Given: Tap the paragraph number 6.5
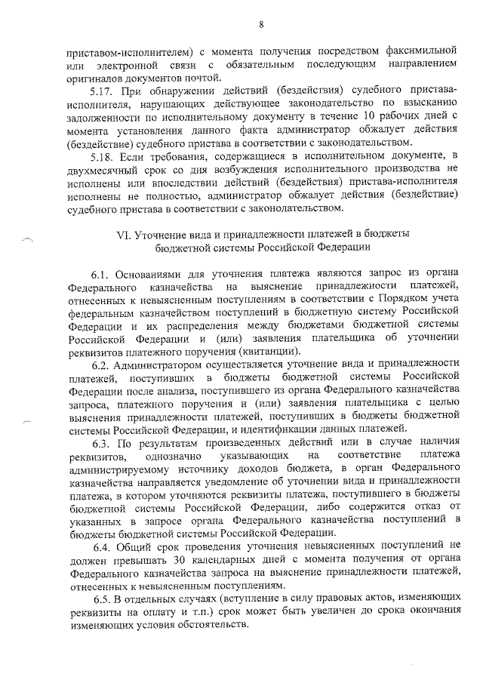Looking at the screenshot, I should pyautogui.click(x=103, y=598).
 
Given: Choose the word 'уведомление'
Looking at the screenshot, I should pyautogui.click(x=220, y=481).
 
